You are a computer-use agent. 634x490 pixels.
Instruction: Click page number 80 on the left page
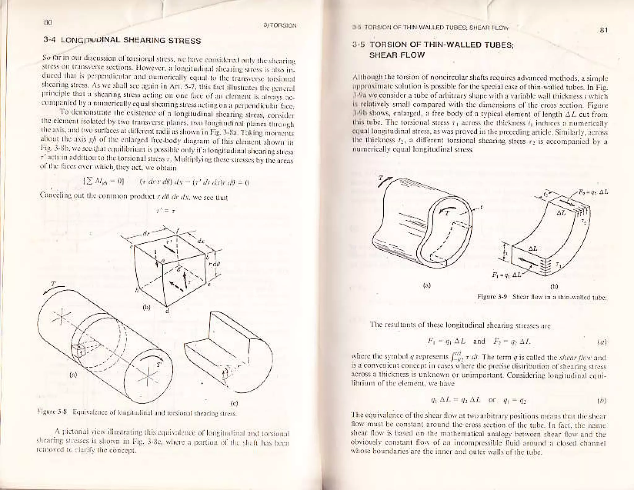click(48, 22)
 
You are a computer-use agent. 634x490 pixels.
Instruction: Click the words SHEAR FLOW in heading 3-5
click(397, 55)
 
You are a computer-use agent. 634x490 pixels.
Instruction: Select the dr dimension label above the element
click(145, 233)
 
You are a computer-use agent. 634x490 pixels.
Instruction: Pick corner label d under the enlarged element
click(167, 311)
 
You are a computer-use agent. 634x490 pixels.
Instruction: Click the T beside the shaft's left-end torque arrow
click(54, 283)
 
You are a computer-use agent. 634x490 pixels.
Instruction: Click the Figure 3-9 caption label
click(492, 298)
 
